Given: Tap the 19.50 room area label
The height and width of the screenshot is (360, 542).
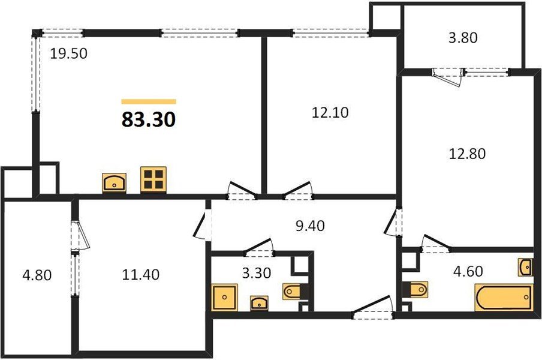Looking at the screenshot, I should click(69, 54).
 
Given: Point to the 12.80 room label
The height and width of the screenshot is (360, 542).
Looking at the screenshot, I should click(467, 153).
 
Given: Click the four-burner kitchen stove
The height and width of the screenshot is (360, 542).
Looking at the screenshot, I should click(153, 179).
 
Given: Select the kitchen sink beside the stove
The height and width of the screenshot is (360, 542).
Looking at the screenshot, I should click(115, 182).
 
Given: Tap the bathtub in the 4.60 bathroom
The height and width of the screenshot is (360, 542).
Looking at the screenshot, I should click(504, 298).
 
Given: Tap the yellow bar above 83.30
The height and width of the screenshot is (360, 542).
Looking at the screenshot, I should click(149, 101).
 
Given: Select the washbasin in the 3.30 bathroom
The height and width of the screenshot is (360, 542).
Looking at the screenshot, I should click(258, 302).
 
